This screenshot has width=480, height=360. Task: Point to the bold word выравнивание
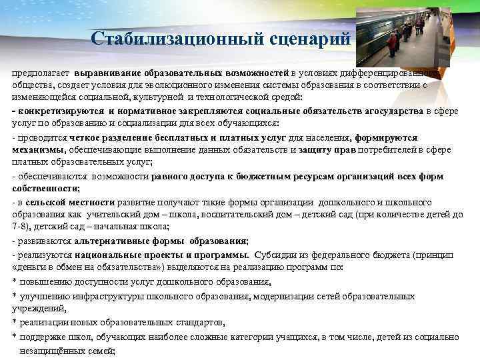tap(106, 72)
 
